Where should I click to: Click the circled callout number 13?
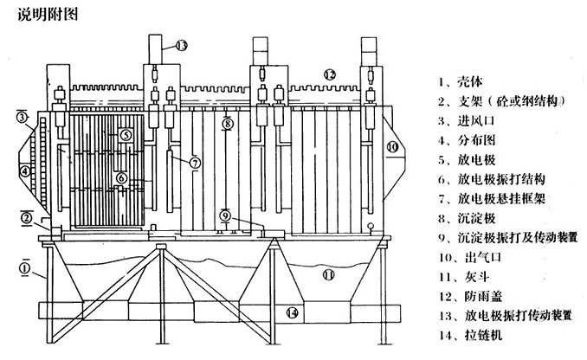click(181, 44)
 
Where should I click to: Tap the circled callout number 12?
click(329, 74)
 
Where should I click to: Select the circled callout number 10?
click(392, 148)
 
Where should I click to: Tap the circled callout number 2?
click(27, 216)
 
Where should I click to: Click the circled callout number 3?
click(22, 117)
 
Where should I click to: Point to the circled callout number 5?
click(126, 135)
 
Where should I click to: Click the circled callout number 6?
click(122, 178)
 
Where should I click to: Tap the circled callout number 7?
click(196, 162)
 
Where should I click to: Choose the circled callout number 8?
click(227, 125)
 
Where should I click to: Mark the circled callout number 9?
click(223, 215)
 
